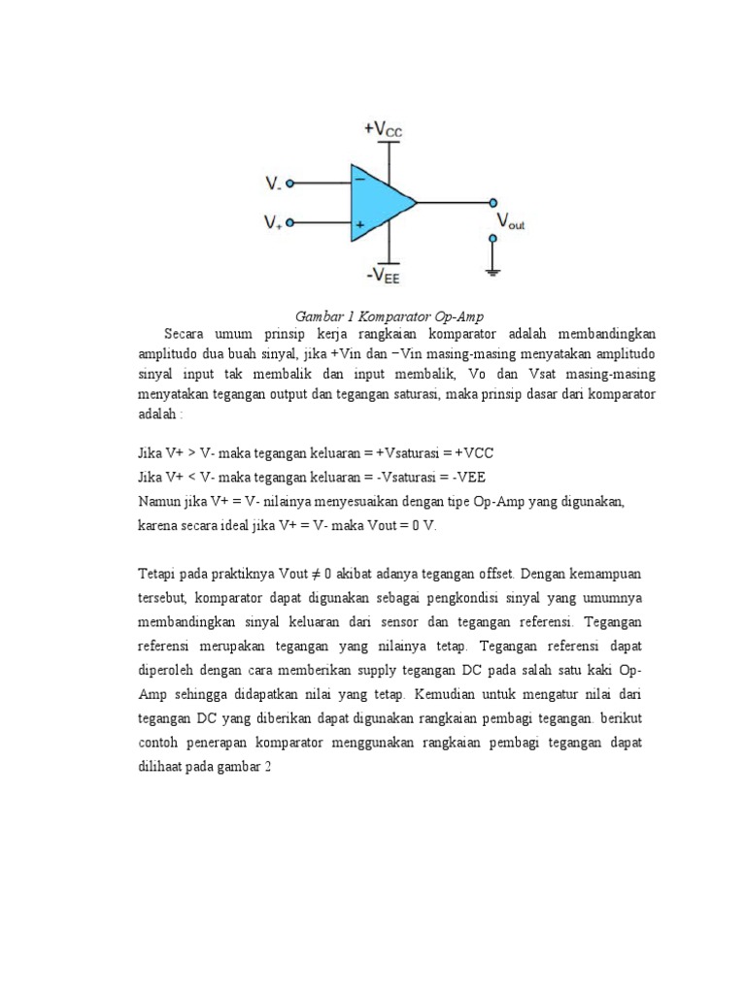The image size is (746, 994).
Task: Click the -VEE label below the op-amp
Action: pos(388,276)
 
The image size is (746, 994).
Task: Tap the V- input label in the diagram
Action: pos(273,182)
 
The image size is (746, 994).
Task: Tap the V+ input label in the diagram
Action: pos(273,223)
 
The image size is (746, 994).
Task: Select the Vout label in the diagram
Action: pos(510,222)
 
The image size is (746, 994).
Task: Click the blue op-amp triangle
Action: pos(379,203)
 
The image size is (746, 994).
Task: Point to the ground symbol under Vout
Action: pos(493,270)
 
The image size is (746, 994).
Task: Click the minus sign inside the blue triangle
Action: pos(359,180)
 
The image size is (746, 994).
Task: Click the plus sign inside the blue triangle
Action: pos(359,225)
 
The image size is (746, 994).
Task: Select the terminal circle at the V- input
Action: pos(291,182)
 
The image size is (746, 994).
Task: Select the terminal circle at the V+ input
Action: pos(291,223)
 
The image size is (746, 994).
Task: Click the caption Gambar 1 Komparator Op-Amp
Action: pos(389,317)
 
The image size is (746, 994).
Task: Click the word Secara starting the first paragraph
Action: pos(186,335)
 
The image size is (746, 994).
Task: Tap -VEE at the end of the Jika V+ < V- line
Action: pos(465,477)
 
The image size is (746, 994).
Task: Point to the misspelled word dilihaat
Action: pos(164,765)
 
